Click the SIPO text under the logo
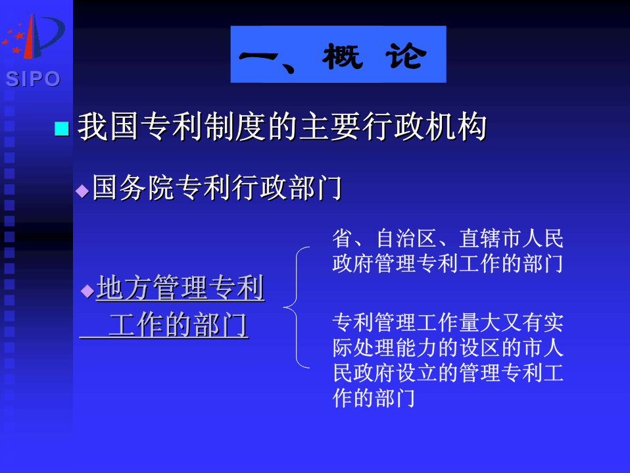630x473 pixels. (33, 79)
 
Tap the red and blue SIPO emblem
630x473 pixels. (34, 36)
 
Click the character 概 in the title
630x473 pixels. (343, 56)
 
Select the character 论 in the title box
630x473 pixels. (405, 56)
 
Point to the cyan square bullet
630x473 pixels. (61, 128)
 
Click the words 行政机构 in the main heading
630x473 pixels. (425, 127)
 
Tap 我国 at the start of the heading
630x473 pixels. (109, 127)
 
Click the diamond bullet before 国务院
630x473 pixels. (82, 191)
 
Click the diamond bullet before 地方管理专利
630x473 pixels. (87, 291)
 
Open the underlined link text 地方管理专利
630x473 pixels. (180, 287)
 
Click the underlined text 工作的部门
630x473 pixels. (178, 325)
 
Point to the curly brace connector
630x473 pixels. (297, 307)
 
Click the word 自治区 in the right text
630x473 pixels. (406, 238)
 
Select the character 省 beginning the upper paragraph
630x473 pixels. (343, 238)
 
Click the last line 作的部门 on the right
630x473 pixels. (374, 399)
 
